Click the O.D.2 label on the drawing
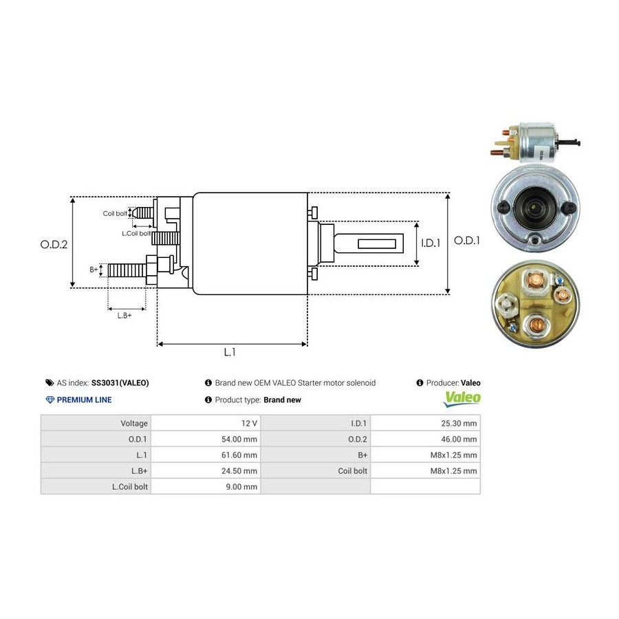coord(54,243)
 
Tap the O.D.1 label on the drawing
coord(467,241)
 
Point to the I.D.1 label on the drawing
coord(432,243)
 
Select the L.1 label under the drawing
coord(230,352)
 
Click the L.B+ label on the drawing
coord(124,315)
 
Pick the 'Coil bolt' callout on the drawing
coord(115,214)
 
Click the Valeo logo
coord(462,398)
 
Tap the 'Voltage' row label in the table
coord(134,423)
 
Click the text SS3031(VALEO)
coord(120,383)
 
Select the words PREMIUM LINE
coord(84,400)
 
